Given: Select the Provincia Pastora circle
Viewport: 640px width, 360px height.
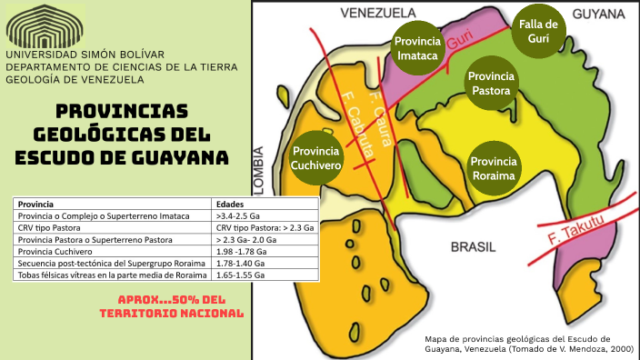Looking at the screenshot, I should pos(492,83).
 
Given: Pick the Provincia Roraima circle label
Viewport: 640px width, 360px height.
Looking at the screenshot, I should pos(494,168).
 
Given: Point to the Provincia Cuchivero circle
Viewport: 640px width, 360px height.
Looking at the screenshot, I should pos(315,157).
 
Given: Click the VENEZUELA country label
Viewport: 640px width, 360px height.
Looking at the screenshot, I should pos(377,13).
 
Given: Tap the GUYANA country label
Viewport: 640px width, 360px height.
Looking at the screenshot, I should pos(598,13).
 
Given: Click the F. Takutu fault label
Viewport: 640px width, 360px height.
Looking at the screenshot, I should pos(578,227).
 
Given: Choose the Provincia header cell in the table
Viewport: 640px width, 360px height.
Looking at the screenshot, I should pos(35,204).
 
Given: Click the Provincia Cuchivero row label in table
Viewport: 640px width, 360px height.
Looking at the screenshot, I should pos(53,251).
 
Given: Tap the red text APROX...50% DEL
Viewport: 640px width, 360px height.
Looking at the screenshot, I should pos(172,299).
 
